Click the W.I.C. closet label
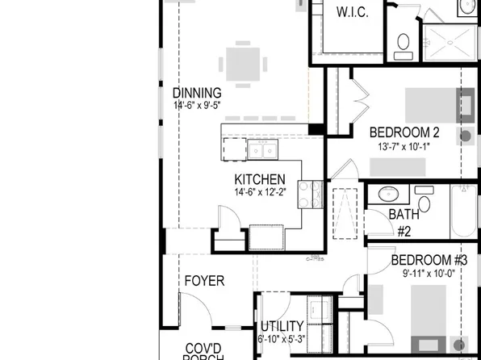352,11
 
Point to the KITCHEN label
259,179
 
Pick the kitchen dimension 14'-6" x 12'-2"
260,191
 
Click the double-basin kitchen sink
263,149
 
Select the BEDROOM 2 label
404,133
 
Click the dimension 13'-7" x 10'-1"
404,147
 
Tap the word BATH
404,215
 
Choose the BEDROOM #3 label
429,260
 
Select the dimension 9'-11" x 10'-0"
429,273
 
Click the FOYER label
204,281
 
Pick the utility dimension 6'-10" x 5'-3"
282,339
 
